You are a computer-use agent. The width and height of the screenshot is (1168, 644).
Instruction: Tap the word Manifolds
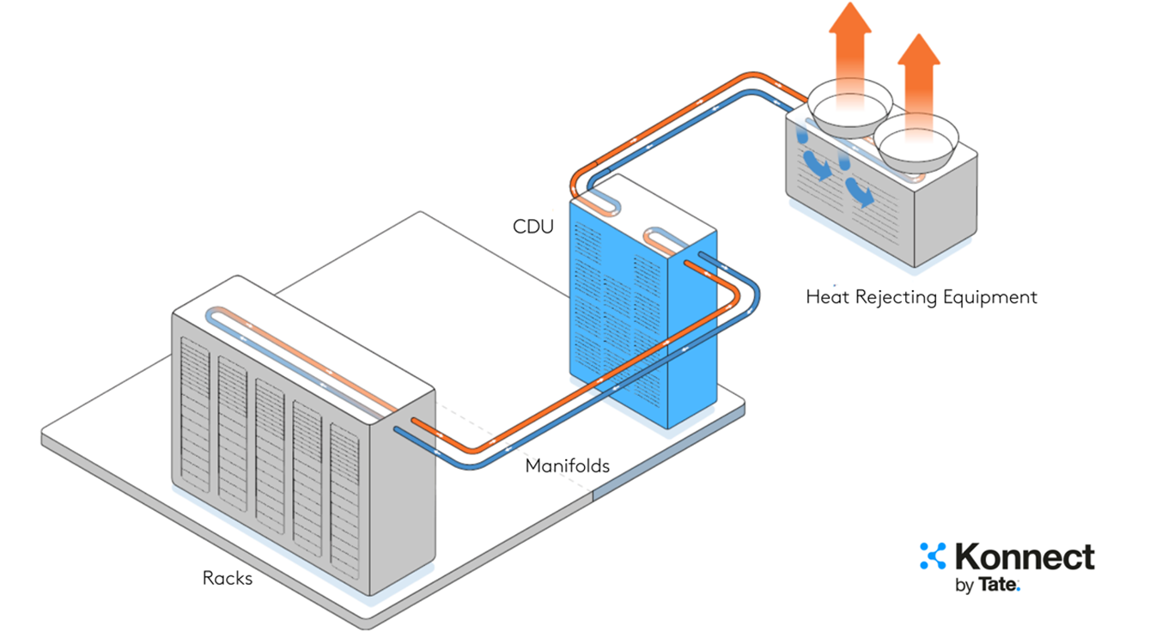(568, 466)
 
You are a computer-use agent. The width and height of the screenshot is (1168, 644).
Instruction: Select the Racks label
(228, 578)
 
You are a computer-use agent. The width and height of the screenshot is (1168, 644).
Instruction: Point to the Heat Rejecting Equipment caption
(922, 297)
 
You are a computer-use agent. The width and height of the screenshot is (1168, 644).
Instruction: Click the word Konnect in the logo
(1025, 557)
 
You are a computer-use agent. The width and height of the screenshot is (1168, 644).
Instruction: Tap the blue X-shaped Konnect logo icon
(932, 556)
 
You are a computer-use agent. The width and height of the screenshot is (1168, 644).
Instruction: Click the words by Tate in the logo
(988, 586)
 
